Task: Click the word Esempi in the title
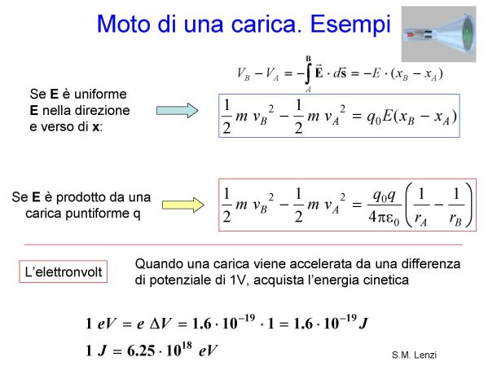pyautogui.click(x=350, y=24)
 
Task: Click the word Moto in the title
pyautogui.click(x=123, y=24)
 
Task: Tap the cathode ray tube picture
pyautogui.click(x=438, y=34)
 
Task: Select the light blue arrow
pyautogui.click(x=177, y=111)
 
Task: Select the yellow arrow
pyautogui.click(x=183, y=205)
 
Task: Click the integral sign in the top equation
pyautogui.click(x=307, y=73)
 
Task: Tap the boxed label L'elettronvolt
pyautogui.click(x=64, y=272)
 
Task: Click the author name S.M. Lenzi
pyautogui.click(x=414, y=355)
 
